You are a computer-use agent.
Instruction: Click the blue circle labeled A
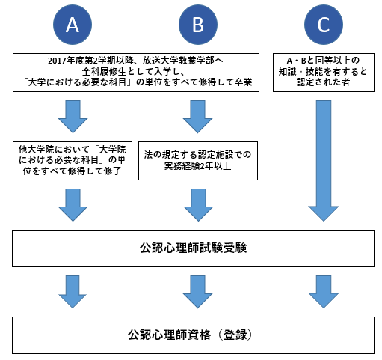tap(73, 25)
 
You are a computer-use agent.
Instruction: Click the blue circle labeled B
tap(198, 25)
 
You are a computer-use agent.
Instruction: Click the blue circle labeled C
tap(324, 25)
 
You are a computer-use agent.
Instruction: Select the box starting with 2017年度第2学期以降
tap(136, 73)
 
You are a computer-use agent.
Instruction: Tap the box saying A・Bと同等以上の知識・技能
tap(324, 73)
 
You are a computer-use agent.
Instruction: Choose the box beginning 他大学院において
tap(73, 161)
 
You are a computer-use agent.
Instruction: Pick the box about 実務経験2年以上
tap(198, 161)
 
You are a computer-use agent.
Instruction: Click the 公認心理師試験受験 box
tap(193, 248)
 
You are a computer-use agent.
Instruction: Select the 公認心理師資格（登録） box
tap(193, 335)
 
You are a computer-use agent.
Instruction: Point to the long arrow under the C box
tap(324, 161)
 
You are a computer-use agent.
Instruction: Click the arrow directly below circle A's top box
tap(73, 117)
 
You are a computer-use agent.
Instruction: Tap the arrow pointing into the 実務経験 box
tap(197, 117)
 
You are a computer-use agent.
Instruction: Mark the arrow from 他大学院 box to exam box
tap(73, 205)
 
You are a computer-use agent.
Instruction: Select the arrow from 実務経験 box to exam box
tap(198, 205)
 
